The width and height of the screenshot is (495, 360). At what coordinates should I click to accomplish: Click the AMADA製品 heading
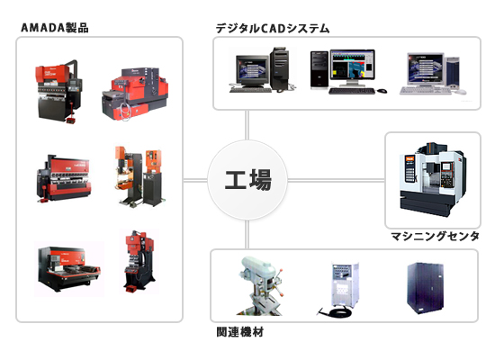[54, 28]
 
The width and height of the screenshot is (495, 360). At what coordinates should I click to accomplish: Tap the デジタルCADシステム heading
[273, 29]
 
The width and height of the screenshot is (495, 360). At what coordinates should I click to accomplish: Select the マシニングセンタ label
[435, 236]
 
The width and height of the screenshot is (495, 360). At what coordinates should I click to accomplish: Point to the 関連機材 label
[240, 332]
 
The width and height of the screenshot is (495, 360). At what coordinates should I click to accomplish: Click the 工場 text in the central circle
[248, 180]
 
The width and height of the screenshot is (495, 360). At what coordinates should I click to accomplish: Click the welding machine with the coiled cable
[340, 288]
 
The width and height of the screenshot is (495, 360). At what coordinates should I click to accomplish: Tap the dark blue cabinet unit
[425, 288]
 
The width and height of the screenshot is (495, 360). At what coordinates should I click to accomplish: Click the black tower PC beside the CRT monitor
[279, 68]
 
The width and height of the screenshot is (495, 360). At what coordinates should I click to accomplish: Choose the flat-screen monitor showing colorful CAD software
[353, 67]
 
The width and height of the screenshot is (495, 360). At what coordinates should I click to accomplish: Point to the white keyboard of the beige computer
[426, 91]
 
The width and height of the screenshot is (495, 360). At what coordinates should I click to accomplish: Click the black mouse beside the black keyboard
[382, 91]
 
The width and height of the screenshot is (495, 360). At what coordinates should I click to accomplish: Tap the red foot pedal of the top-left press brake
[72, 120]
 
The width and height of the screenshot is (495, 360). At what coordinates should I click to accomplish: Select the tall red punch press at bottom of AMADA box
[139, 261]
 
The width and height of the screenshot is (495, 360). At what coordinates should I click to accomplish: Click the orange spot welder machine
[139, 176]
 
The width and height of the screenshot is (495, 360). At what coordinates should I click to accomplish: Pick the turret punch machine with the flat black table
[68, 268]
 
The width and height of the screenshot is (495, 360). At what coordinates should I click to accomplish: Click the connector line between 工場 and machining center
[336, 180]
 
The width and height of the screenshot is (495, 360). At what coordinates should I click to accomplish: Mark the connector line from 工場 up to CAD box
[247, 125]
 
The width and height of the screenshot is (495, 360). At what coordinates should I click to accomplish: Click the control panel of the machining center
[446, 175]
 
